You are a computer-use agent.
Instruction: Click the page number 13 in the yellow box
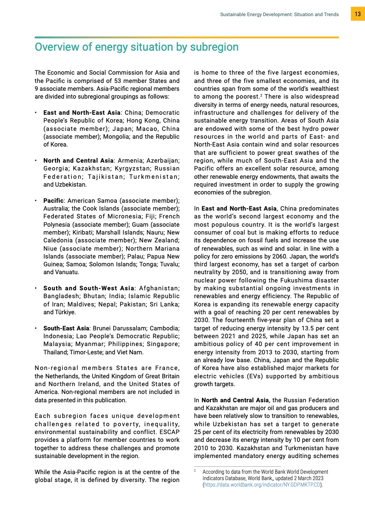tap(357, 14)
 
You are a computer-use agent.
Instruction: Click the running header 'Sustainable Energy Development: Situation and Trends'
tap(279, 15)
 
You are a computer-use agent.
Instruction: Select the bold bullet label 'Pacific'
tap(53, 200)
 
